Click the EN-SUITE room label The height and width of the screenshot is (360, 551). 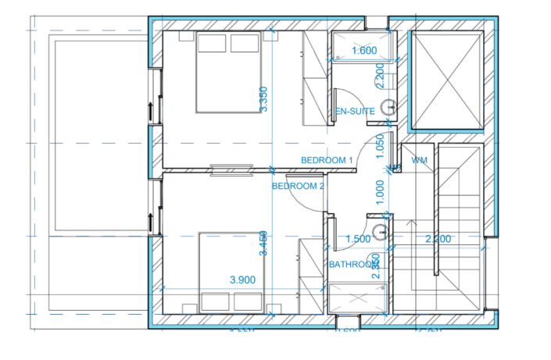click(354, 112)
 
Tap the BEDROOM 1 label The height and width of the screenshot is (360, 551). click(328, 160)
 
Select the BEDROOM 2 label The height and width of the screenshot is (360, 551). click(298, 187)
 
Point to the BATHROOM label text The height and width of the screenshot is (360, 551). click(353, 265)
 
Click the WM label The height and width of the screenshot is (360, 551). click(419, 160)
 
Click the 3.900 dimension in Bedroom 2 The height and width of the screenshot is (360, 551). click(243, 279)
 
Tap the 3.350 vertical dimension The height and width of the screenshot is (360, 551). click(265, 99)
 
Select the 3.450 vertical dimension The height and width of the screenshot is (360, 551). click(265, 243)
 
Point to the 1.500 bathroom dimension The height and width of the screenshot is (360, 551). click(357, 239)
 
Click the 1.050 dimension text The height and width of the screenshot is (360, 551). click(381, 145)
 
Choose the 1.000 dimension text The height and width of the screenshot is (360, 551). click(381, 192)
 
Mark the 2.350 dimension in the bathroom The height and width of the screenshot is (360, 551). click(377, 266)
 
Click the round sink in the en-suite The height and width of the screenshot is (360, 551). click(386, 108)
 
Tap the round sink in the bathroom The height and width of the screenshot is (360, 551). click(380, 231)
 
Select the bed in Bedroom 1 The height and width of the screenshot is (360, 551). click(227, 73)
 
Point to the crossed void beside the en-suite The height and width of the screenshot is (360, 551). click(448, 80)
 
